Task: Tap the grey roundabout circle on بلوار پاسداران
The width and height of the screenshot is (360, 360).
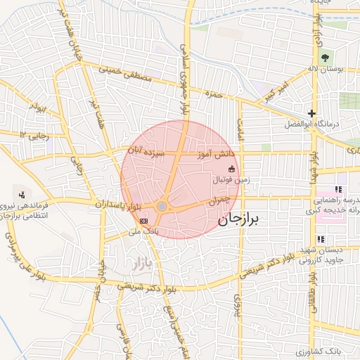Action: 162,206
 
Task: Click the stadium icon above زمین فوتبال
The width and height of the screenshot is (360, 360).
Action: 231,169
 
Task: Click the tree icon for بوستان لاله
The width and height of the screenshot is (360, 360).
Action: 324,58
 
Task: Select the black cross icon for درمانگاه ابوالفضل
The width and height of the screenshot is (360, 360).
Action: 311,113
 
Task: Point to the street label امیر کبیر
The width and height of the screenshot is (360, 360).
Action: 273,93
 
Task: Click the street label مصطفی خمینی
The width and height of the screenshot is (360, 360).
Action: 127,75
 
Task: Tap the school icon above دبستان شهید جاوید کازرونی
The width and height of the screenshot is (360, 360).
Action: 321,240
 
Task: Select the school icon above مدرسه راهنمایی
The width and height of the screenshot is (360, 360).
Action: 338,189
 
